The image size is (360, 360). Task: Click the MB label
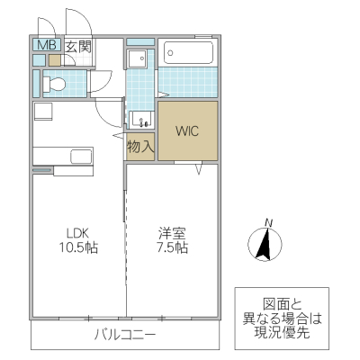43,45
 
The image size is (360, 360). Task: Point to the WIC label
187,131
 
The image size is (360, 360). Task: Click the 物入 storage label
140,145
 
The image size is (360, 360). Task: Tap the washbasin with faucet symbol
141,120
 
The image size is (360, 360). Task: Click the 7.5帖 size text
169,247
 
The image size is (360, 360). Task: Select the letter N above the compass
268,222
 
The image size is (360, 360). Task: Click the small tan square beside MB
55,60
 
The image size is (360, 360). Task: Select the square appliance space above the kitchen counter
44,112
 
